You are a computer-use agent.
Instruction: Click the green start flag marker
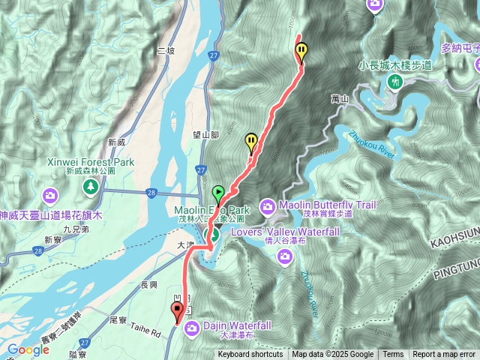218,193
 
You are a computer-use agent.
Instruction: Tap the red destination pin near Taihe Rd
177,310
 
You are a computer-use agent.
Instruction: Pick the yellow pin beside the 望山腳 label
251,141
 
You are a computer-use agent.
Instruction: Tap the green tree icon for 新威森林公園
91,184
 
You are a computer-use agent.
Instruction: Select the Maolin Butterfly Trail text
326,204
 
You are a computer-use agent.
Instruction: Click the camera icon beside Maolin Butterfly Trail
268,205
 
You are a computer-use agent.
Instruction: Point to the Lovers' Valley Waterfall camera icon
284,256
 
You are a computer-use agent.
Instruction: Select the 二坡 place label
166,51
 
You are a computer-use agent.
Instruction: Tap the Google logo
28,349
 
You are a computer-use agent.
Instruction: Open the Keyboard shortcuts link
250,355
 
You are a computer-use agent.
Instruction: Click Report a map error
443,355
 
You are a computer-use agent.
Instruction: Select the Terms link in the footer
393,355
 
